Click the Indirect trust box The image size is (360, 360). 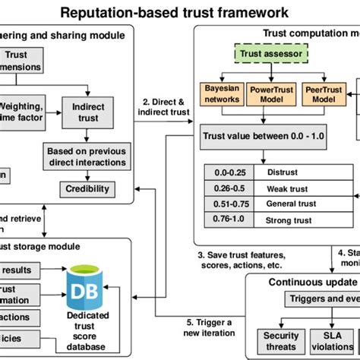88,112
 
